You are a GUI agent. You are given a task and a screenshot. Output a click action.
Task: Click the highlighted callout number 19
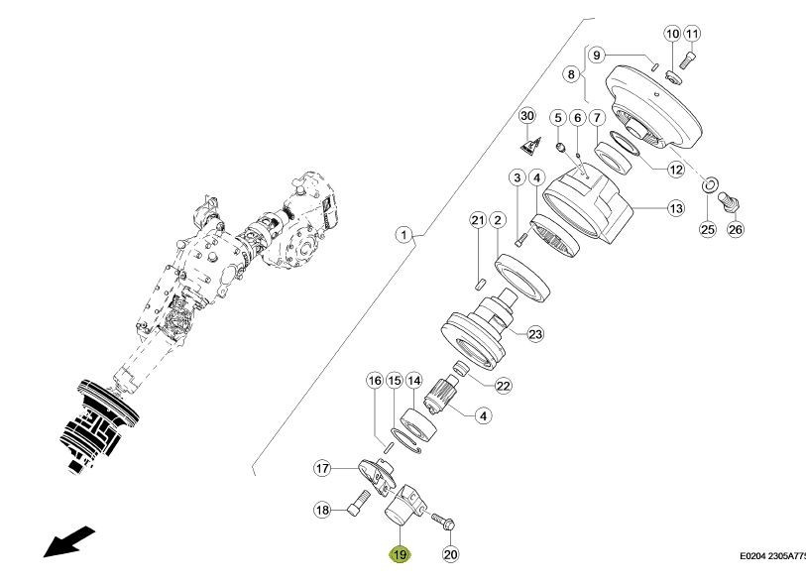399,555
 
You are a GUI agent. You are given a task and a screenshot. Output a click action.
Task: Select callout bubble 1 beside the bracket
403,235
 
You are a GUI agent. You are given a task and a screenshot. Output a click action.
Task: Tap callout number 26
735,229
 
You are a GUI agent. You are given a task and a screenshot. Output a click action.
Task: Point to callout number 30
527,117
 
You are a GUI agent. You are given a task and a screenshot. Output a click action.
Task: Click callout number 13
675,209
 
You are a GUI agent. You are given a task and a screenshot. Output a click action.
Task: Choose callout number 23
535,335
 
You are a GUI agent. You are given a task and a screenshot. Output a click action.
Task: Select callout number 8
571,74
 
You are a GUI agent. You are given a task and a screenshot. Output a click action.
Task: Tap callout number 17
322,468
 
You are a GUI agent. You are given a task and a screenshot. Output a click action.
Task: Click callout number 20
450,555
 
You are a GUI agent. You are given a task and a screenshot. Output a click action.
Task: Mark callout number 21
477,219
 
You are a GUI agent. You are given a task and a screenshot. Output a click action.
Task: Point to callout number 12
675,170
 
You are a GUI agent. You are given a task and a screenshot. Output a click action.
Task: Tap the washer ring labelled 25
710,185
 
